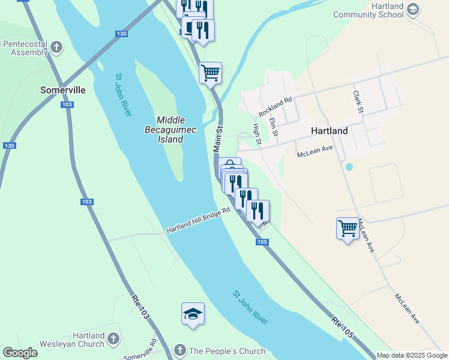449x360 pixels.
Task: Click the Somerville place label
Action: (x=62, y=90)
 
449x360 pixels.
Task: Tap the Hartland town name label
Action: (x=329, y=130)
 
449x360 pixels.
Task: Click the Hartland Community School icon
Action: (x=412, y=9)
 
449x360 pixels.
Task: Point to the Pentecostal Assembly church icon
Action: (x=56, y=47)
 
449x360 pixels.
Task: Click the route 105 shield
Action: (x=261, y=241)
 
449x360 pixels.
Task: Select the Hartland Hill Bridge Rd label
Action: (x=198, y=221)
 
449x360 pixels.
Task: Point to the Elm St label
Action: (x=274, y=126)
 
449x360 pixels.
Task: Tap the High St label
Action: (x=257, y=133)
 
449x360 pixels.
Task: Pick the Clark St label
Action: (x=358, y=101)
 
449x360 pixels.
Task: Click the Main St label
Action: (x=218, y=137)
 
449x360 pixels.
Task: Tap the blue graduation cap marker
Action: (x=193, y=314)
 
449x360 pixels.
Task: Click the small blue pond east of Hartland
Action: (x=349, y=166)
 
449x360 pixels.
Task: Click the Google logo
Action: (x=20, y=352)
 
